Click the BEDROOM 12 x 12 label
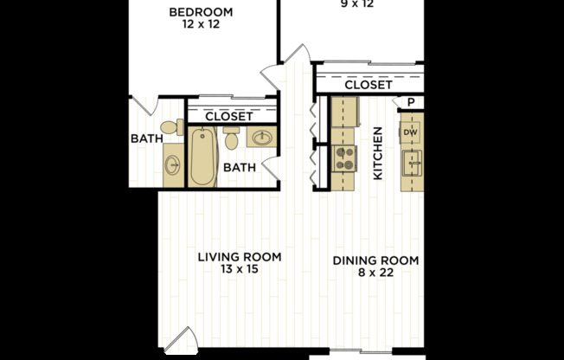201,17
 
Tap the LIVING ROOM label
240,257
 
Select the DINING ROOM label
375,260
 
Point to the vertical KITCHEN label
378,153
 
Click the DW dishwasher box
410,132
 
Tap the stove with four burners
344,158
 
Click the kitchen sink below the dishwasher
412,163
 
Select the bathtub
202,157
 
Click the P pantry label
411,103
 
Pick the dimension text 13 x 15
240,269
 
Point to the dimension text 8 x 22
375,273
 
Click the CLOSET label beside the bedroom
228,116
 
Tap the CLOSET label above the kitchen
369,85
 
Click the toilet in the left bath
172,127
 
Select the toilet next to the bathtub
231,138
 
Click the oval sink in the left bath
173,165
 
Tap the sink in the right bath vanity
262,137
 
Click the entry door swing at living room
182,339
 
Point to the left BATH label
147,138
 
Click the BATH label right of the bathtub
240,167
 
